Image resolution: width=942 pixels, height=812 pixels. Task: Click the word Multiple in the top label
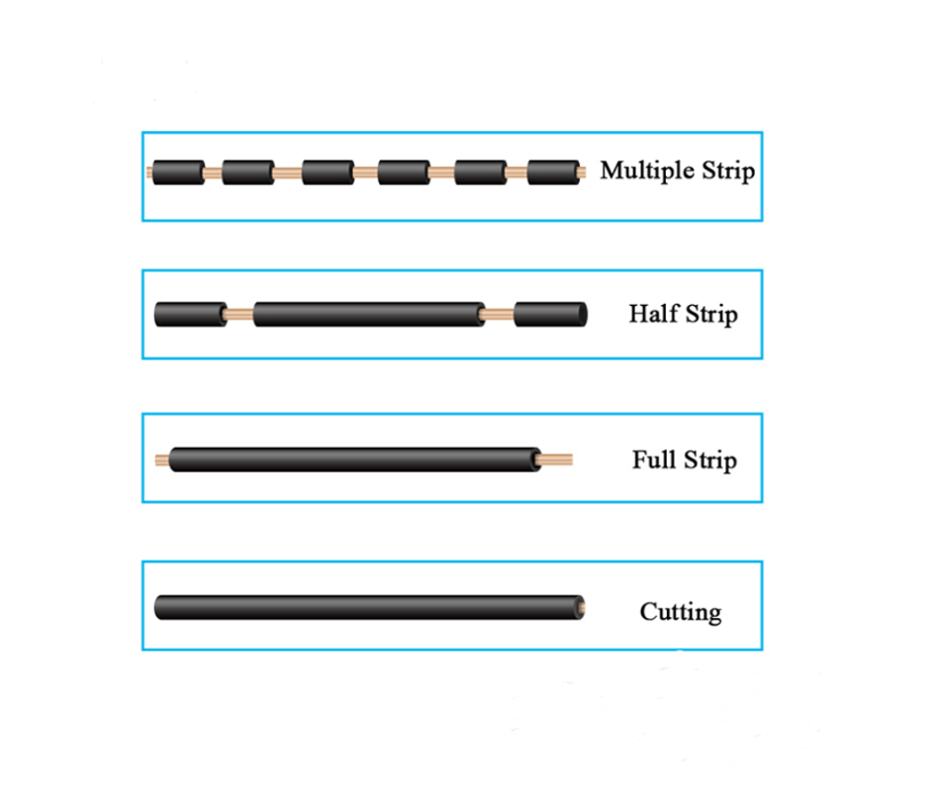point(647,170)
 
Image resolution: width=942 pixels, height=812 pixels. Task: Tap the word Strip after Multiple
point(728,170)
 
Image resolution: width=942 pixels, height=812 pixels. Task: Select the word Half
point(654,314)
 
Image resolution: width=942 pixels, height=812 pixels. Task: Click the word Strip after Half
point(711,315)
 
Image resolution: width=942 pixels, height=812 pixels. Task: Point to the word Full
point(654,459)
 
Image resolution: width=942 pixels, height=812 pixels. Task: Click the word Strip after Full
point(710,461)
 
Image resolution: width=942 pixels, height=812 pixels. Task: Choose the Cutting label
point(681,612)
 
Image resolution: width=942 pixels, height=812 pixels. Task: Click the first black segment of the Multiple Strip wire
point(178,172)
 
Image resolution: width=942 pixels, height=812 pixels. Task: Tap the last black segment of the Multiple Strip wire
point(553,172)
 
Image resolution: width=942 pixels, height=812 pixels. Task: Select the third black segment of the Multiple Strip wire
point(329,172)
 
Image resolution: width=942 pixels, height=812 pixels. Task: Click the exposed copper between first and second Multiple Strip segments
point(214,173)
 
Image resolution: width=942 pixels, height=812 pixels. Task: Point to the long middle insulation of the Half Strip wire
point(369,314)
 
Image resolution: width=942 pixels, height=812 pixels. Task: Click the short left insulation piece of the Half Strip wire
point(191,314)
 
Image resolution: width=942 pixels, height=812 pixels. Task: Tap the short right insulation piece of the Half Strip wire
point(550,314)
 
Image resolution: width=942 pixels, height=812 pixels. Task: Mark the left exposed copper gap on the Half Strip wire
point(239,314)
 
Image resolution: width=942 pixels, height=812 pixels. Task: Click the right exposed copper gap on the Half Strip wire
point(499,314)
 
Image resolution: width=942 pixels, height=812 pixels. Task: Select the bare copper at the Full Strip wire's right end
point(554,460)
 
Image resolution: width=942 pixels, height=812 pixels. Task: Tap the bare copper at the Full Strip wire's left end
point(163,460)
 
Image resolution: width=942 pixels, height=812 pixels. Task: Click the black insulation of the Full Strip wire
point(355,459)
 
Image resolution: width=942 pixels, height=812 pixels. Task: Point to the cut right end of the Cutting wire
point(580,608)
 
